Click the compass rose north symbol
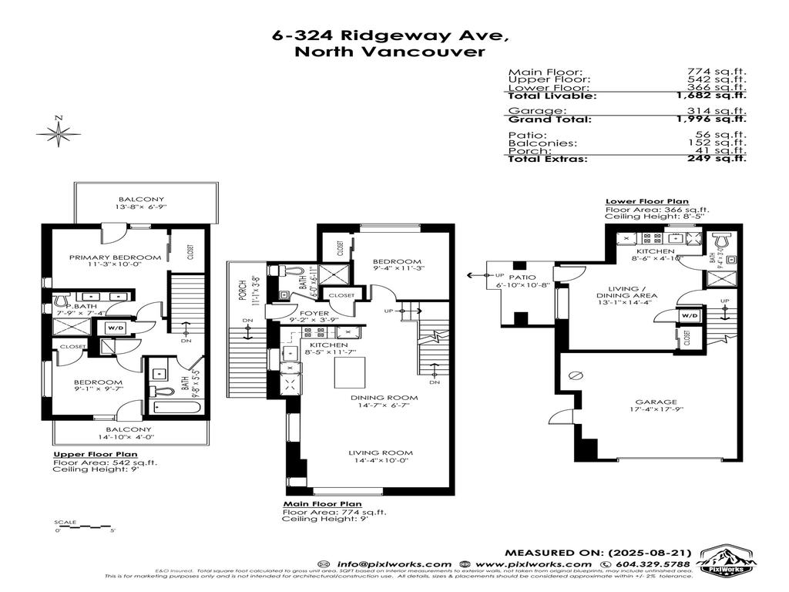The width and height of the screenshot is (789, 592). point(59,133)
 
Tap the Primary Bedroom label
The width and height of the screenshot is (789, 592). point(115,257)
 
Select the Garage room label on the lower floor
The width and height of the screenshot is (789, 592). point(656,402)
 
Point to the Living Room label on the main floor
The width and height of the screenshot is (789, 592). point(380,453)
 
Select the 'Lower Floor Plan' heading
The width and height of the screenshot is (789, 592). point(646,201)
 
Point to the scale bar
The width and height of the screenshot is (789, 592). point(85,527)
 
